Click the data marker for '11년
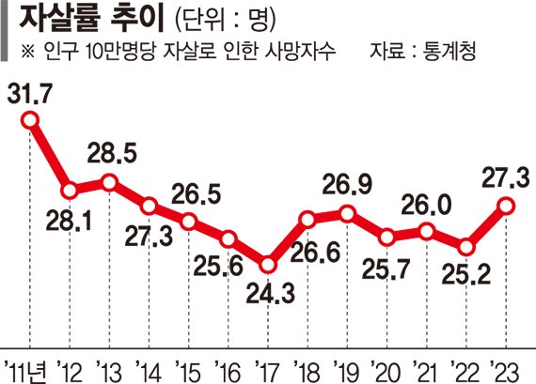pos(30,119)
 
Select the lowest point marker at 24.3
pos(268,265)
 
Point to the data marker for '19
pos(349,214)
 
